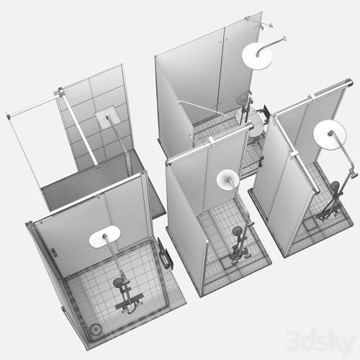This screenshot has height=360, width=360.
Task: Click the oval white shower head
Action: [x=104, y=236]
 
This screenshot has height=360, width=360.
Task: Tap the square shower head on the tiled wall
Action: [x=105, y=117]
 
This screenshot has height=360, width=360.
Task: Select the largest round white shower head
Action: [x=257, y=56]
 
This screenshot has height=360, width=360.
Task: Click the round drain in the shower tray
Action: [x=96, y=329]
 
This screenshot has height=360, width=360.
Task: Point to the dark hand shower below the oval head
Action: [x=118, y=282]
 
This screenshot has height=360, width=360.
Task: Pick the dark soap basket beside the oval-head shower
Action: [x=164, y=254]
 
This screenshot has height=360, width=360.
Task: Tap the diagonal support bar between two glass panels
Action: [x=203, y=108]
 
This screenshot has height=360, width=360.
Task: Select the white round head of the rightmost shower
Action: [x=330, y=135]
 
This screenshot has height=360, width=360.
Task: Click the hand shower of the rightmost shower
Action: [x=335, y=186]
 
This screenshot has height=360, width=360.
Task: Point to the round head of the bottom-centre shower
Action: [x=228, y=180]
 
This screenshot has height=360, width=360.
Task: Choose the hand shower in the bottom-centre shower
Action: [x=237, y=231]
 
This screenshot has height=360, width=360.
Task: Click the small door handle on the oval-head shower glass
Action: [x=53, y=252]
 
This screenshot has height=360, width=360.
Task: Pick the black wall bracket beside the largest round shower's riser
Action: [x=264, y=112]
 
